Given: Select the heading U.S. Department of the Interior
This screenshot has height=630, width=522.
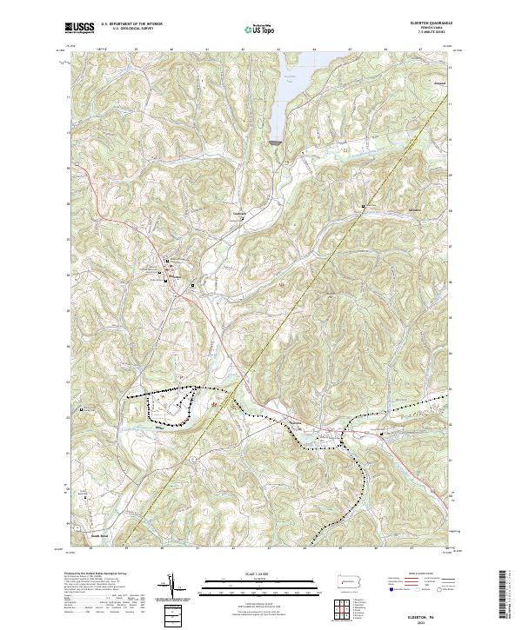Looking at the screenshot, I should point(131,23).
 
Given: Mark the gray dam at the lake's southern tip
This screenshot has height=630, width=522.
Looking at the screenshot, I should point(276,140).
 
